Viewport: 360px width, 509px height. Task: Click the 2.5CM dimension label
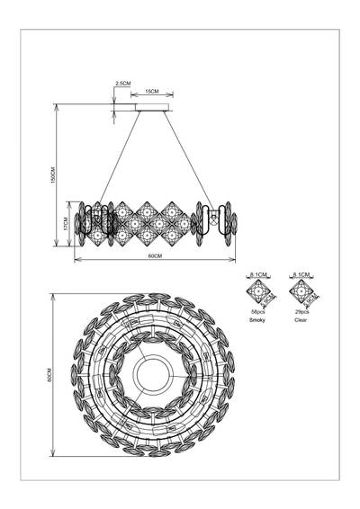pyautogui.click(x=123, y=84)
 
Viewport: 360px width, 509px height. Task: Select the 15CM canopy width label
pyautogui.click(x=154, y=92)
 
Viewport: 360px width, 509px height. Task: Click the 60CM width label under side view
pyautogui.click(x=154, y=257)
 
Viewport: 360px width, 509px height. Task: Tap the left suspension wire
pyautogui.click(x=118, y=157)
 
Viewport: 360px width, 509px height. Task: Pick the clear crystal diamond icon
pyautogui.click(x=300, y=293)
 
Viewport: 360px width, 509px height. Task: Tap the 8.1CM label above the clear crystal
pyautogui.click(x=300, y=272)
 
